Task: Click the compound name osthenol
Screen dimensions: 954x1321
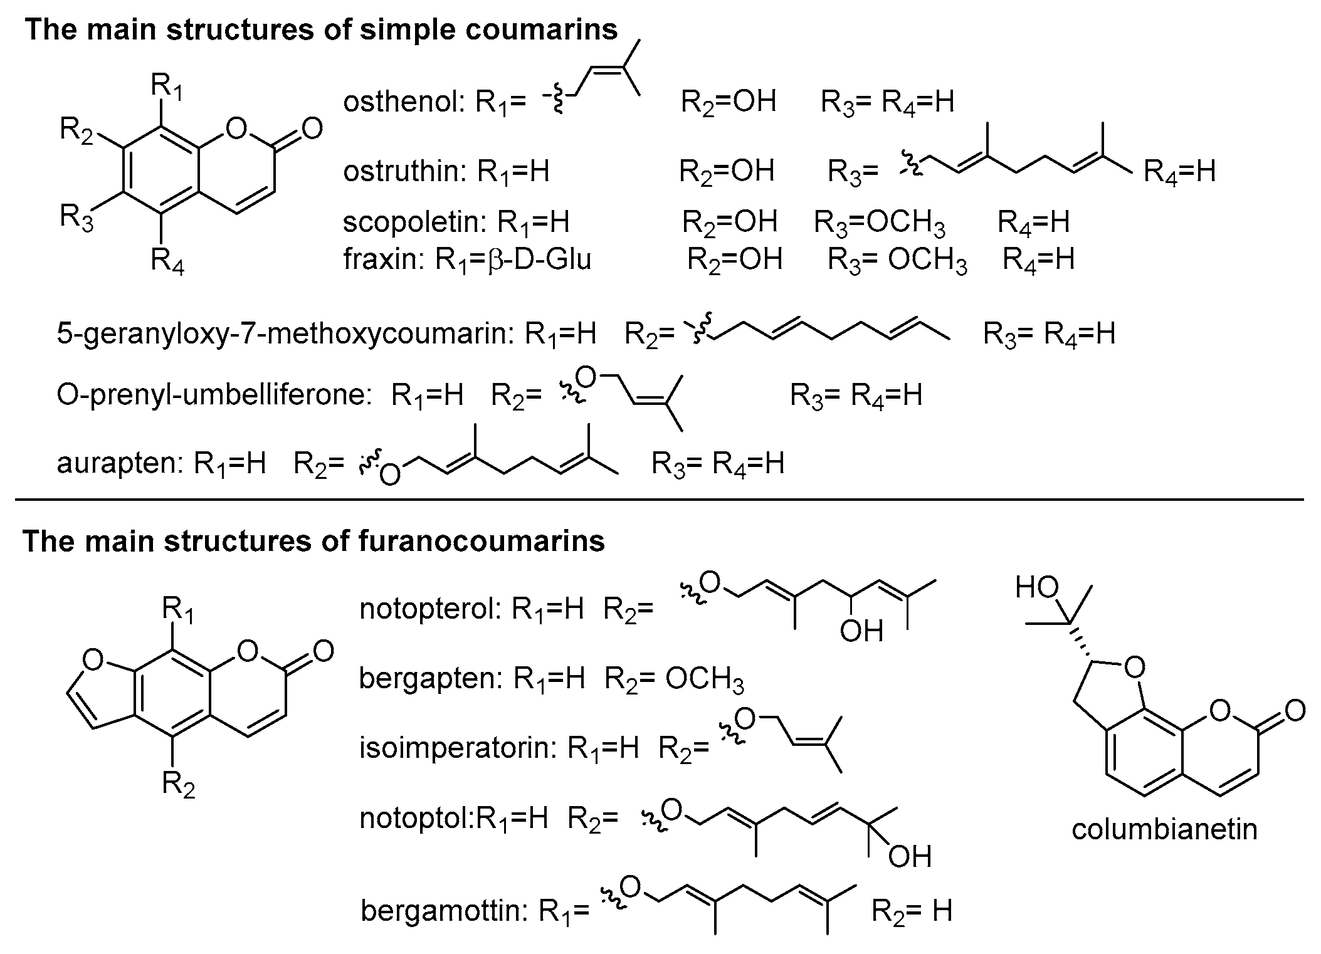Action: [x=401, y=102]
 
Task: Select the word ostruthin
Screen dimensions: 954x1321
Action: [x=402, y=171]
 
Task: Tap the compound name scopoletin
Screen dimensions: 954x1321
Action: [x=414, y=222]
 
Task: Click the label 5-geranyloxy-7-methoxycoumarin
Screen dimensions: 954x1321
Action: [x=282, y=334]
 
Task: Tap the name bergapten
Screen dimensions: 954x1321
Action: [x=430, y=678]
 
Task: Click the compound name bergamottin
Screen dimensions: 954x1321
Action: [x=442, y=911]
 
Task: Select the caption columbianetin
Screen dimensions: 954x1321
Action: [x=1164, y=829]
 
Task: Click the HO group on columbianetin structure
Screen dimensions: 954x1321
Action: [x=1036, y=587]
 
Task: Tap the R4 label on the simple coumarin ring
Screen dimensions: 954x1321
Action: [x=167, y=260]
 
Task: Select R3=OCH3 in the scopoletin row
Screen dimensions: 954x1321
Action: [x=879, y=222]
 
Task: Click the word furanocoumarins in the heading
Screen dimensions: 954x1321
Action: [x=482, y=542]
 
